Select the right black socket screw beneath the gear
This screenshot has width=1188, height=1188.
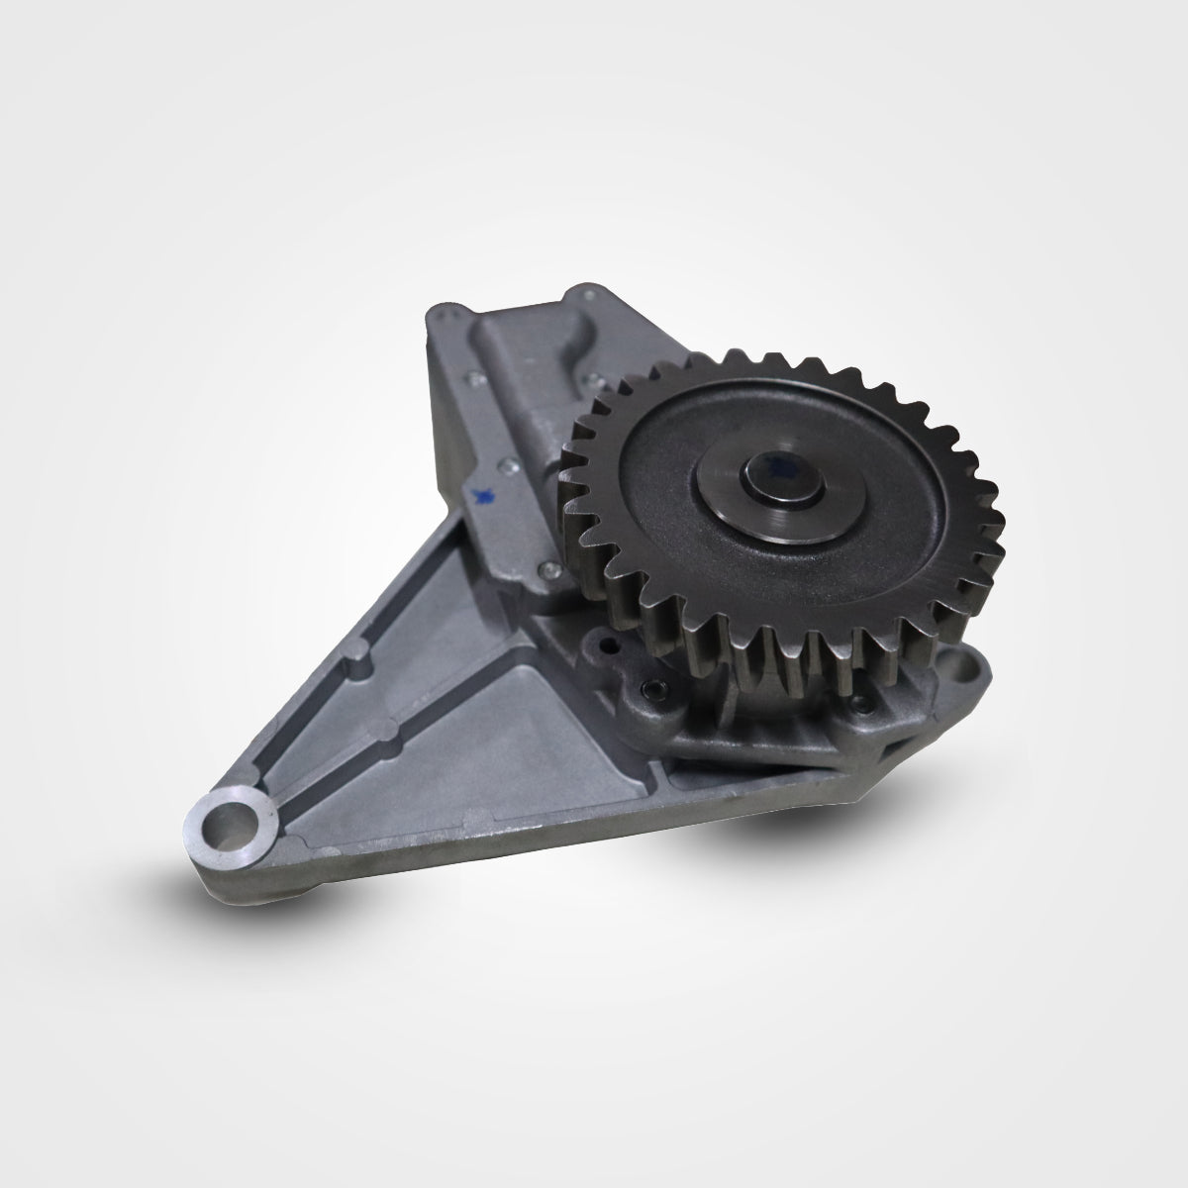pyautogui.click(x=859, y=704)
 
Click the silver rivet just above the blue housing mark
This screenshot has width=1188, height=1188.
pyautogui.click(x=507, y=462)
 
